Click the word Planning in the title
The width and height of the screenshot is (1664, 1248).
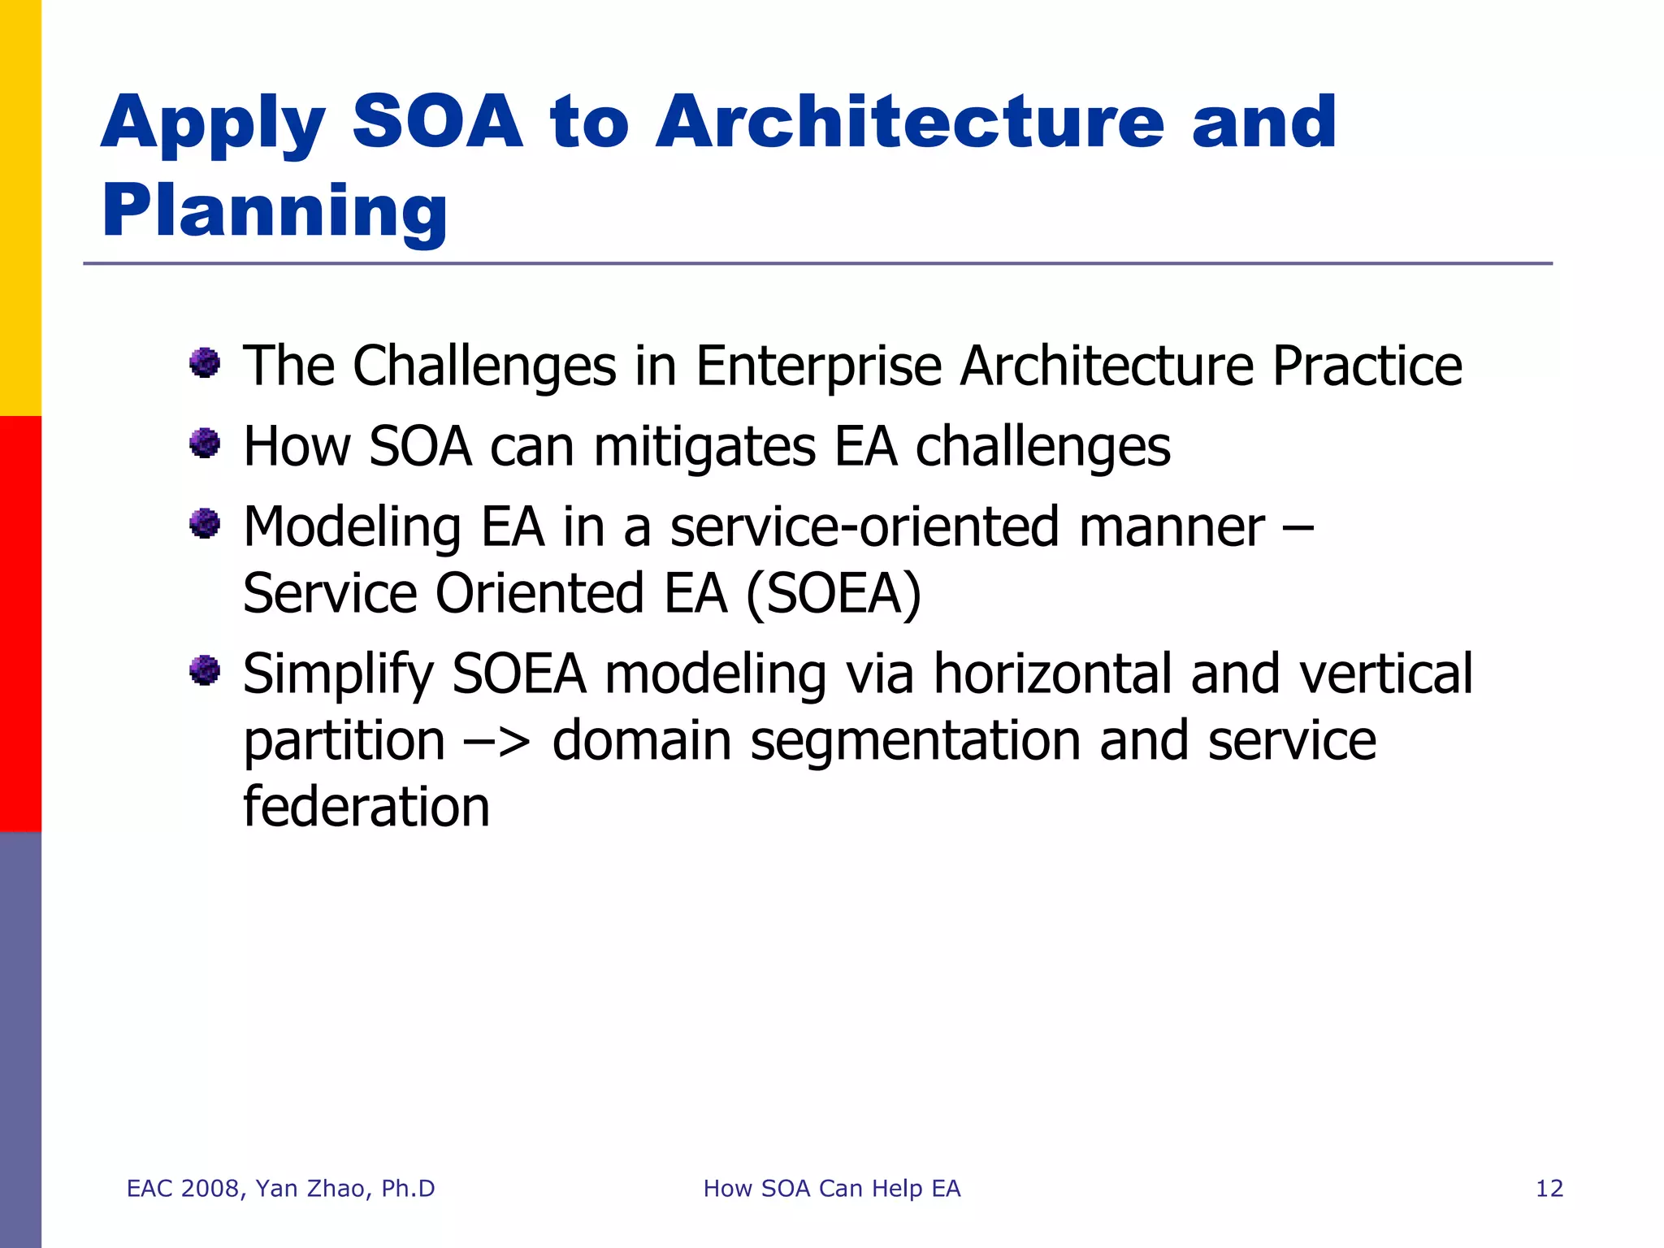click(x=274, y=211)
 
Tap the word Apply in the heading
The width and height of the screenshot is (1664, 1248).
click(x=213, y=123)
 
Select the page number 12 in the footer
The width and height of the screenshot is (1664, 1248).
click(x=1549, y=1189)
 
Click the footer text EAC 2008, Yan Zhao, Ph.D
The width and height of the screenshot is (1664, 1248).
click(x=280, y=1189)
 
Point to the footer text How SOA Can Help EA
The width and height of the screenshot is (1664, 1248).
click(x=831, y=1189)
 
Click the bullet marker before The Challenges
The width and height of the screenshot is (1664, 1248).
click(x=205, y=362)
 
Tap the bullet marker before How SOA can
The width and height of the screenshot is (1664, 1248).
click(x=205, y=444)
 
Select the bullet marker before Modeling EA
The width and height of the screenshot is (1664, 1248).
click(x=205, y=523)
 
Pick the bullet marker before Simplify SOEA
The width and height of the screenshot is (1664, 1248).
click(x=205, y=670)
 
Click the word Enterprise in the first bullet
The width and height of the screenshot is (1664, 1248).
click(x=818, y=366)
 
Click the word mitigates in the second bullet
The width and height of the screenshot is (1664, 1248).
click(x=704, y=448)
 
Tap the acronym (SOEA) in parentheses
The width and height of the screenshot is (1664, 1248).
click(x=834, y=594)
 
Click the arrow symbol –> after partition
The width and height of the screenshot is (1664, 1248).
click(x=497, y=741)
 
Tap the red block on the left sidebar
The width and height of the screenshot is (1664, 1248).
click(x=20, y=623)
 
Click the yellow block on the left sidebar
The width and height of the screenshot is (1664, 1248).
click(x=20, y=207)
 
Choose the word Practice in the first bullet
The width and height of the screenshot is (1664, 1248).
click(x=1367, y=366)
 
